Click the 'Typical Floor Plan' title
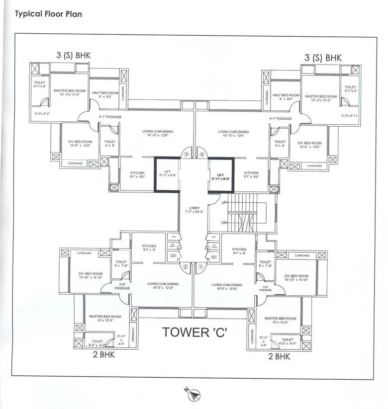tap(48, 14)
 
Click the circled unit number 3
tap(187, 155)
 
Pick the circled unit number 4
tap(202, 155)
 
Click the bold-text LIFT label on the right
tap(221, 176)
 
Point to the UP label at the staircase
tap(224, 203)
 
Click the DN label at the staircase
tap(224, 222)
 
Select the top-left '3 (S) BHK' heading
tap(73, 56)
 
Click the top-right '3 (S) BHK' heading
tap(323, 58)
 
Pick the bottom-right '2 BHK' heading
tap(279, 356)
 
